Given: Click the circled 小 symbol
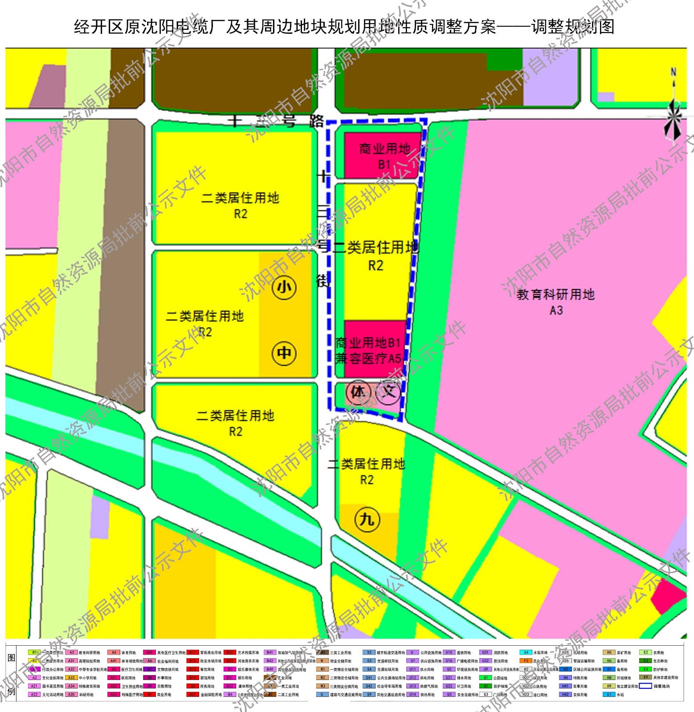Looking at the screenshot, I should coord(284,287).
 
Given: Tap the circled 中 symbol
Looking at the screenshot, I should coord(284,353).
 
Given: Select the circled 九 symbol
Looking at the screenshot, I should coord(367,519).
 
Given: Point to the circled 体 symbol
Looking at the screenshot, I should coord(358,392).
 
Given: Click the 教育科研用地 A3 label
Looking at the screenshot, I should coord(555,301).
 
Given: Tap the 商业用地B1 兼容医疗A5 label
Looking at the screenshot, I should coord(369,350).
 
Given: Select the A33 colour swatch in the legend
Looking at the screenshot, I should coord(71,678).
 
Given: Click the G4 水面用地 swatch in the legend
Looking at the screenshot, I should coord(526,653).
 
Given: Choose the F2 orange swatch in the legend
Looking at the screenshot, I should coord(526,661).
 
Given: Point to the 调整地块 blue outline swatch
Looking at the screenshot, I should coord(645,686).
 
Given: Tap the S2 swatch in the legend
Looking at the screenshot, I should coord(369,653).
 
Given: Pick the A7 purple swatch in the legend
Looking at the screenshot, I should coord(150,669).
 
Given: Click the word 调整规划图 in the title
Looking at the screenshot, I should coord(573,27).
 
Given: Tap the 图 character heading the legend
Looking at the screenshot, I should coord(12,658).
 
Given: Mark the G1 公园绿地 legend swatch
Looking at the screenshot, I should coord(486,678).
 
